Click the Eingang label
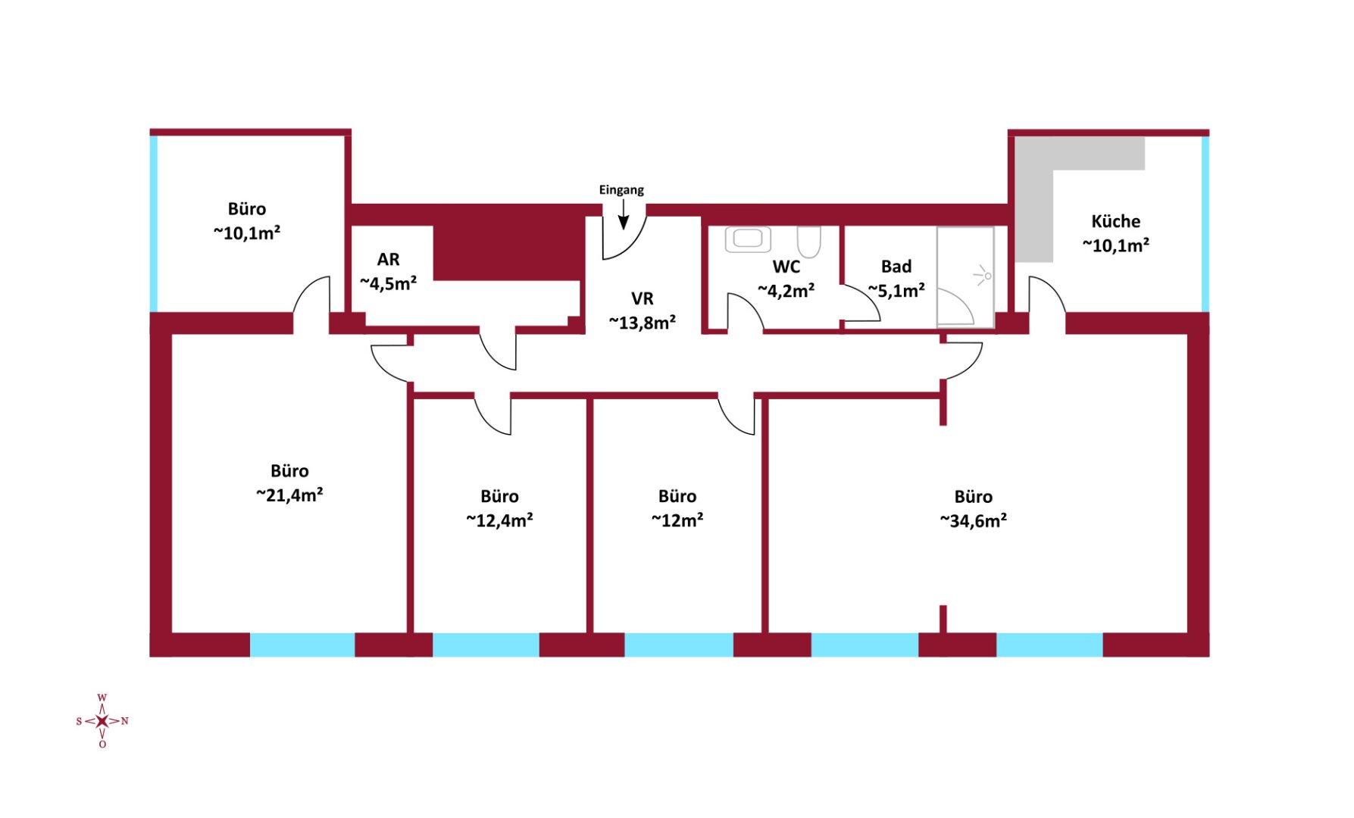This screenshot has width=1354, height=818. click(621, 190)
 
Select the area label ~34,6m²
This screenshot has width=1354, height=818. click(973, 521)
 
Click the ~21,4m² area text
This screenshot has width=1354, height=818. click(289, 495)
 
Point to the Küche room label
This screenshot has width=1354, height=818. click(1115, 221)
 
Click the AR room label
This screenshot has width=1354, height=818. click(388, 260)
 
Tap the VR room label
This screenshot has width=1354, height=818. click(642, 298)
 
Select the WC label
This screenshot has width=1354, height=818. click(786, 267)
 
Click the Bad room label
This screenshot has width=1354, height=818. click(896, 267)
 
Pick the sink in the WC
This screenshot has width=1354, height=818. click(748, 239)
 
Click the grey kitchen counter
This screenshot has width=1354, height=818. click(1035, 204)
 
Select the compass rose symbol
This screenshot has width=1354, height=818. click(102, 721)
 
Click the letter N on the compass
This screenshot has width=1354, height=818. click(125, 721)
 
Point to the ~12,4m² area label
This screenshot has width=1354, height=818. click(499, 520)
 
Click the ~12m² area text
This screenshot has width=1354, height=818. click(677, 520)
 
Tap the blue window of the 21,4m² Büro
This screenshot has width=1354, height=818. click(302, 645)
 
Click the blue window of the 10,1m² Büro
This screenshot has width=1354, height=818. click(154, 223)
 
